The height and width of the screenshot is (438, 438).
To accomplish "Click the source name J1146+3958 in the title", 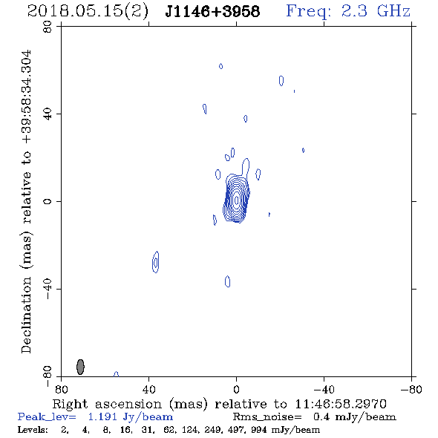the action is [x=212, y=11].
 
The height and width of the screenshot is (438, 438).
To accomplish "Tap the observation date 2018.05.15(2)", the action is [x=88, y=11].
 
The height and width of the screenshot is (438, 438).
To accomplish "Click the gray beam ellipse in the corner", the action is [x=80, y=367].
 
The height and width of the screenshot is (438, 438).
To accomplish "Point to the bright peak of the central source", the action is [x=237, y=200].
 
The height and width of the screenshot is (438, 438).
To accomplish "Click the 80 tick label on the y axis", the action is [x=48, y=27].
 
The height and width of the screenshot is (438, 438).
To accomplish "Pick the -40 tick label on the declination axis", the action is [x=48, y=289].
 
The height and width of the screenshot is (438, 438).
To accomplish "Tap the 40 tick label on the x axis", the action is [x=148, y=390].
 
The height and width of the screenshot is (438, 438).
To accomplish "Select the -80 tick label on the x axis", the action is [x=411, y=390].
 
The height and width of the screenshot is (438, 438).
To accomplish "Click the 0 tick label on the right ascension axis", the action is [x=236, y=390].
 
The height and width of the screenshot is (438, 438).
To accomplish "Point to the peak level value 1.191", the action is [x=102, y=417].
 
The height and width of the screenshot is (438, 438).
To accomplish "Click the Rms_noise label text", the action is [x=267, y=417].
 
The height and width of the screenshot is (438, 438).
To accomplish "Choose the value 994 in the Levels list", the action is [x=258, y=429].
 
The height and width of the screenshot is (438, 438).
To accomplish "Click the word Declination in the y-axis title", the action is [x=26, y=315].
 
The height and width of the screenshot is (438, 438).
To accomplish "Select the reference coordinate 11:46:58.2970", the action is [x=341, y=404].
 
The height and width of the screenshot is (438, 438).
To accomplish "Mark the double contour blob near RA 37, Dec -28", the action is [x=156, y=262].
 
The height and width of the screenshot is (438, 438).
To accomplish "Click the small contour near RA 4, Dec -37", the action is [x=227, y=281].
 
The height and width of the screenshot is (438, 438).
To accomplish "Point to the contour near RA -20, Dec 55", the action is [x=281, y=81].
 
